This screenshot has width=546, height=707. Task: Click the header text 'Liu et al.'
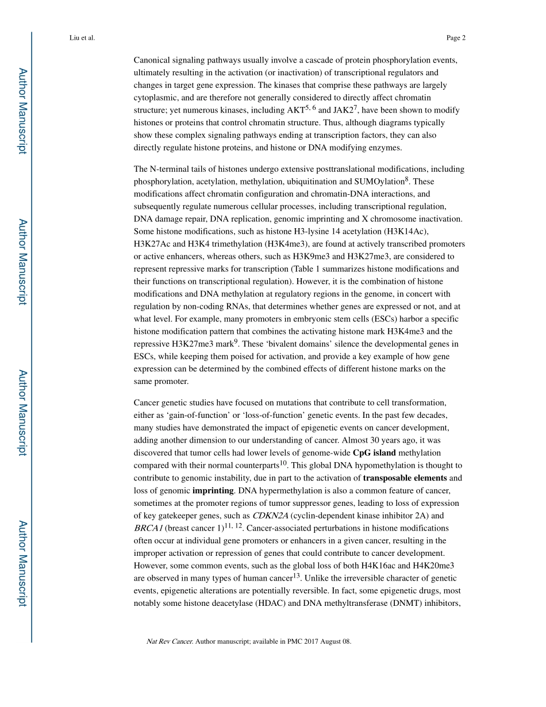82,38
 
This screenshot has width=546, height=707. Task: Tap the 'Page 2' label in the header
455,38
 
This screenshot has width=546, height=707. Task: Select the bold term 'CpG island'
374,453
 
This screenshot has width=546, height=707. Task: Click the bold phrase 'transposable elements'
405,478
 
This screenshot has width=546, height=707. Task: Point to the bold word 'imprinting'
213,490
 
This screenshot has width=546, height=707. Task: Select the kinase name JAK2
345,110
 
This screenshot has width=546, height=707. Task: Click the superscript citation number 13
297,576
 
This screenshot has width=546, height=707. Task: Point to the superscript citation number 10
283,463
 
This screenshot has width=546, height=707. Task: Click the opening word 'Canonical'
152,60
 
